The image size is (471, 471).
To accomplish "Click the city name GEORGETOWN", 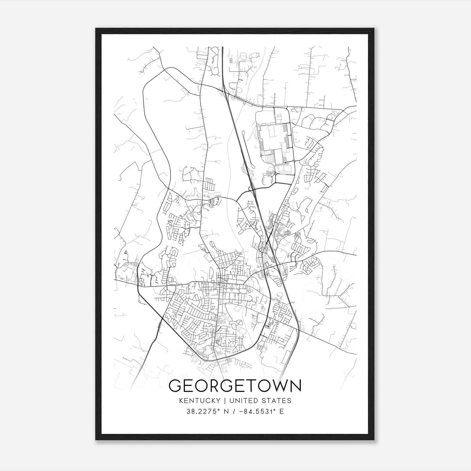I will (x=235, y=386).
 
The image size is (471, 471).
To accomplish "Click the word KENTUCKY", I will (x=200, y=401).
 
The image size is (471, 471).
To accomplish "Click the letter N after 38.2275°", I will (x=226, y=412).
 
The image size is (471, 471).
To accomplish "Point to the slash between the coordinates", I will (x=234, y=412).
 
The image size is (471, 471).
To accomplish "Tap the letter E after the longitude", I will (x=282, y=412).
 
